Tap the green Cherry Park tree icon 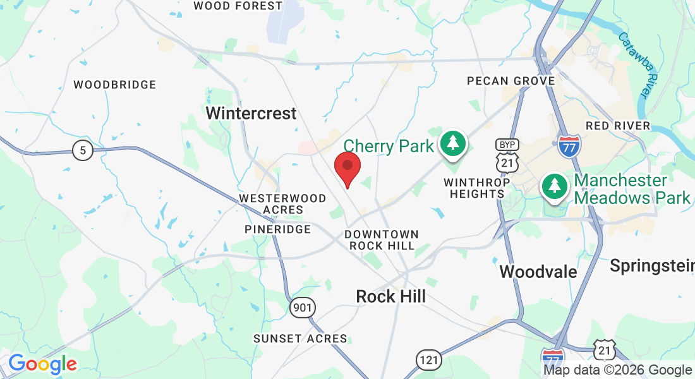click(x=452, y=143)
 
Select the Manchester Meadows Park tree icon click(x=554, y=186)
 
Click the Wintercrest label click(x=251, y=114)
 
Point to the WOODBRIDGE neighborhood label click(x=114, y=85)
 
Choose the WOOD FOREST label click(x=238, y=6)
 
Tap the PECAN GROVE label click(x=511, y=81)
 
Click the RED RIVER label click(x=618, y=126)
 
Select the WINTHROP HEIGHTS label click(x=476, y=188)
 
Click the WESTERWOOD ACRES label click(x=283, y=204)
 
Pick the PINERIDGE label click(x=278, y=229)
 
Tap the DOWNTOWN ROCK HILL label click(x=381, y=240)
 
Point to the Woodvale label click(x=538, y=272)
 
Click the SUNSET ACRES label click(x=300, y=339)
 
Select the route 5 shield click(x=82, y=150)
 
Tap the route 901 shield click(x=303, y=308)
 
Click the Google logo click(x=42, y=364)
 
